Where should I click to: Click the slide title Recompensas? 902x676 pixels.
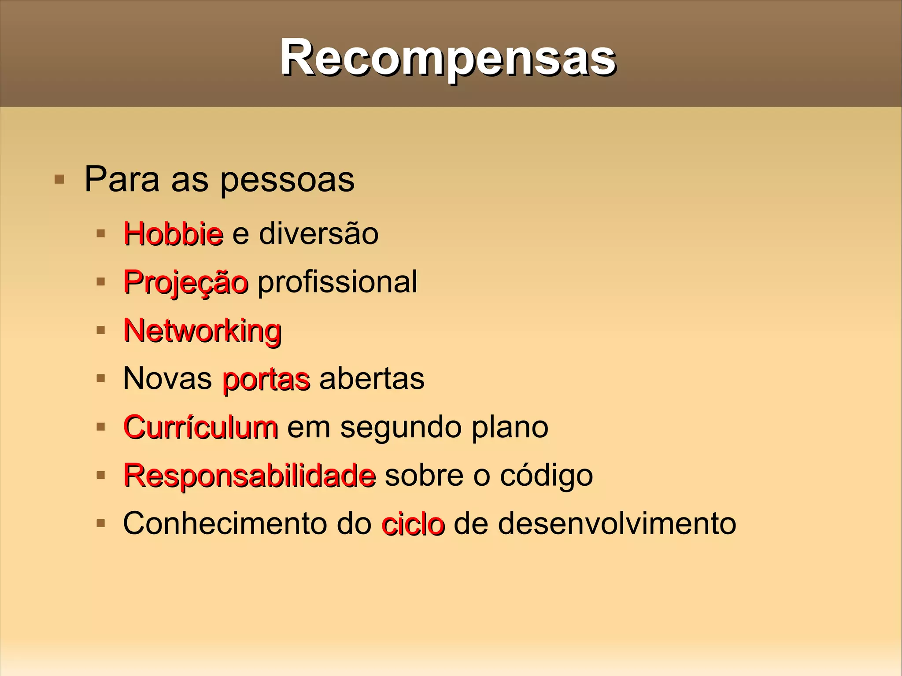[x=447, y=58]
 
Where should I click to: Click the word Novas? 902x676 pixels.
[x=167, y=378]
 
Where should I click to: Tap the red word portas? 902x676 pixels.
[x=266, y=379]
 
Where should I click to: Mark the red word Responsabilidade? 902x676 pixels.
[x=249, y=475]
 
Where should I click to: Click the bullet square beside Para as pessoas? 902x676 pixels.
[x=59, y=180]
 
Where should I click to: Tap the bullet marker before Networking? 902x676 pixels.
[x=101, y=330]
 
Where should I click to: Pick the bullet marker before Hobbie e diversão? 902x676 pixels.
[x=101, y=233]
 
